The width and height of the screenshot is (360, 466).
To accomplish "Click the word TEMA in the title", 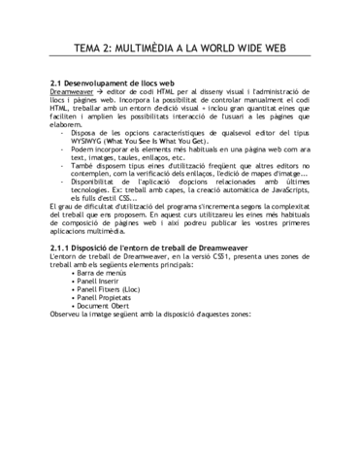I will tap(89, 52).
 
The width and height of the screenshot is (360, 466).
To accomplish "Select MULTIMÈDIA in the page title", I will tap(160, 52).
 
